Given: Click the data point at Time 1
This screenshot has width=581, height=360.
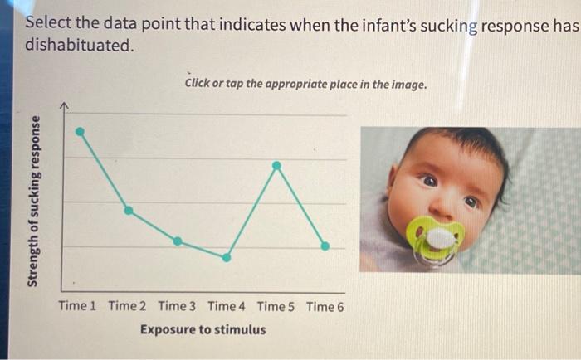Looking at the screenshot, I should pyautogui.click(x=80, y=131).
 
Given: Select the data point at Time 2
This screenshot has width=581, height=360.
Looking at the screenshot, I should pyautogui.click(x=128, y=210).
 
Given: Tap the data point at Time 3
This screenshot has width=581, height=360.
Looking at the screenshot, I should pyautogui.click(x=177, y=241).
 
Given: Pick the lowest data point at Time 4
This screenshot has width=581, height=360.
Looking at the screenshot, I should pyautogui.click(x=227, y=257).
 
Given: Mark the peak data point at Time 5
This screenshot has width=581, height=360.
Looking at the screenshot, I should pyautogui.click(x=276, y=165).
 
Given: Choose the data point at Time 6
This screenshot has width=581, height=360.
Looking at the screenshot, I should pyautogui.click(x=325, y=246).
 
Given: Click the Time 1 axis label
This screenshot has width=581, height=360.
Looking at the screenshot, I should pyautogui.click(x=77, y=306).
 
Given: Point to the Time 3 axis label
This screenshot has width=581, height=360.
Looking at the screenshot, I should pyautogui.click(x=177, y=306).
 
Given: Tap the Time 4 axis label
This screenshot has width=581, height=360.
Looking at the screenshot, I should pyautogui.click(x=227, y=306).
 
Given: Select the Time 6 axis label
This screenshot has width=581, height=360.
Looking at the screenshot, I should pyautogui.click(x=325, y=306).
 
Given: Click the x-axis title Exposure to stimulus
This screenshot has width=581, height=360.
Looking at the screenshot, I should pyautogui.click(x=203, y=329).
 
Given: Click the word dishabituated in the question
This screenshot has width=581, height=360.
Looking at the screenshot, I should pyautogui.click(x=78, y=45).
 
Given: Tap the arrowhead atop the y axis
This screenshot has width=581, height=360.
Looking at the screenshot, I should pyautogui.click(x=66, y=106).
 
